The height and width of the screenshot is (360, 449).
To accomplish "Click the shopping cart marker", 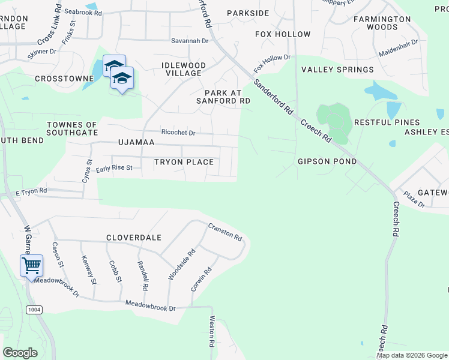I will (x=31, y=265).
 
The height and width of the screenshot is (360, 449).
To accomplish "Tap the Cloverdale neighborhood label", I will (x=134, y=238).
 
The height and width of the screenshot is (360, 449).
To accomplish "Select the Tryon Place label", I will (x=184, y=162).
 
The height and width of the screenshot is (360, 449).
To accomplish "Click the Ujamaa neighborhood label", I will (x=136, y=142).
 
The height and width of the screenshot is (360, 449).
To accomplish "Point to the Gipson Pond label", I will (x=327, y=161).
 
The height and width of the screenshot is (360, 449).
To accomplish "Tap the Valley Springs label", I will (x=337, y=70).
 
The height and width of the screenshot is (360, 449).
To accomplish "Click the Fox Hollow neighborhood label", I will (x=283, y=34).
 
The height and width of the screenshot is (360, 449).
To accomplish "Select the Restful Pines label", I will (x=387, y=122).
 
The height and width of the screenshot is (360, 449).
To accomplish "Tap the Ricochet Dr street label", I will (x=178, y=132).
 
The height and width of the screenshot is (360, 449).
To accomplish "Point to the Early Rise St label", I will (x=113, y=168).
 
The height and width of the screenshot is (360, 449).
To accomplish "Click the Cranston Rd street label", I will (x=225, y=232).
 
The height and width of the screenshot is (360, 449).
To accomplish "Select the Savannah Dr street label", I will (x=188, y=41).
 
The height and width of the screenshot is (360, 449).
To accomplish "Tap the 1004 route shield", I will (x=34, y=309).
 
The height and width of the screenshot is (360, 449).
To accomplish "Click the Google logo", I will (x=20, y=352).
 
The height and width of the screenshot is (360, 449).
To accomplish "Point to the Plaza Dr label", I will (x=414, y=200).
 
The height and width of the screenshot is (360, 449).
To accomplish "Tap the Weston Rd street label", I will (x=212, y=332).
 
